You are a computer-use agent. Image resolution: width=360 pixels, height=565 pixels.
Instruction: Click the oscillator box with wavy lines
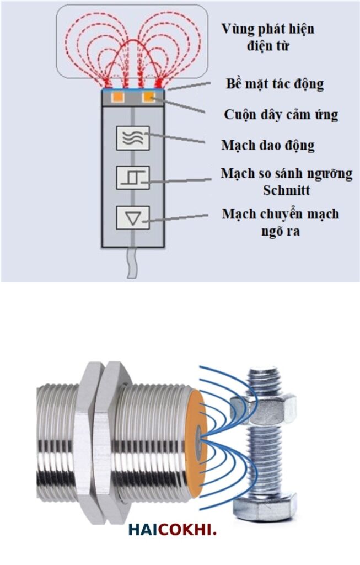click(132, 137)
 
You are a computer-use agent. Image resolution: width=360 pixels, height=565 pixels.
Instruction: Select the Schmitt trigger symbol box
click(132, 177)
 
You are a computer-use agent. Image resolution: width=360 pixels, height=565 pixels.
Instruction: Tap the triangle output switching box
click(132, 217)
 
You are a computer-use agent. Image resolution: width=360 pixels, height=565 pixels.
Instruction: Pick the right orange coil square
click(149, 97)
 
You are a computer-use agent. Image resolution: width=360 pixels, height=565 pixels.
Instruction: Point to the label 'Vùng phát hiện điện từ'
click(268, 37)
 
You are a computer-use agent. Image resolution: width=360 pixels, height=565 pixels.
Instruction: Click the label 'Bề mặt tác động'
click(275, 84)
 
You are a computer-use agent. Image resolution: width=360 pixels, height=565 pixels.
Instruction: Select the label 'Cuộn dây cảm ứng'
click(281, 115)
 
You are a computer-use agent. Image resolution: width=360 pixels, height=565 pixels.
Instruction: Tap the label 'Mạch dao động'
click(268, 145)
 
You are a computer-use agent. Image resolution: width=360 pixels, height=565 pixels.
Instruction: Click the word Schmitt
click(286, 190)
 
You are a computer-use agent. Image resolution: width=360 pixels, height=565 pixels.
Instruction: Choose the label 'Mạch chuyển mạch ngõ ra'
click(281, 222)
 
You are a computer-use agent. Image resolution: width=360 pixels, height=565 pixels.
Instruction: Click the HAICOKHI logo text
click(173, 530)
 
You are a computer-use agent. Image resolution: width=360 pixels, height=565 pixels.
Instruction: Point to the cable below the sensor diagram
click(132, 263)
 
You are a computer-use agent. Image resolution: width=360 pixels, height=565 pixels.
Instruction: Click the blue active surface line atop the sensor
click(133, 89)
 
